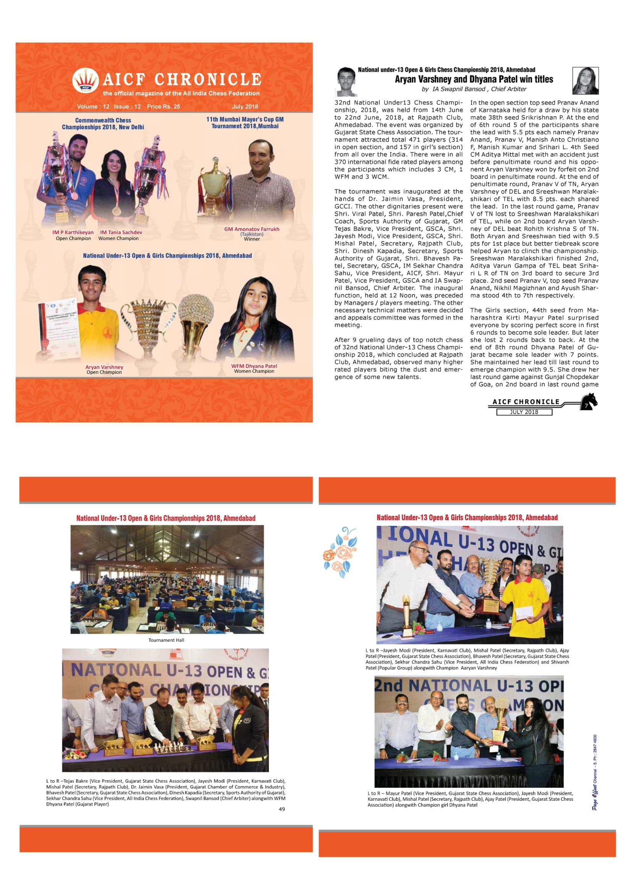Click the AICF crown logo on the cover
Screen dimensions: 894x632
coord(85,80)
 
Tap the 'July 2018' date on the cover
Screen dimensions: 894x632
coord(245,107)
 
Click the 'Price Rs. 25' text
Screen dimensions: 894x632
coord(164,107)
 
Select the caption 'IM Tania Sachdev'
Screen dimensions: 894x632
coord(121,232)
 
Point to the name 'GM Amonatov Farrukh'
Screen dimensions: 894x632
coord(251,229)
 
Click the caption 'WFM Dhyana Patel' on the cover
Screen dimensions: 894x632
coord(254,366)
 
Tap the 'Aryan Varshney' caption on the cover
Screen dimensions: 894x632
coord(104,367)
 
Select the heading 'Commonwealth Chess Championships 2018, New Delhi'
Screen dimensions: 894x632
coord(103,124)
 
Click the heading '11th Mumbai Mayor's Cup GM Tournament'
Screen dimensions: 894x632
coord(245,123)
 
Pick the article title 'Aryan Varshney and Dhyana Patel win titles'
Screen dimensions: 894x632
coord(473,80)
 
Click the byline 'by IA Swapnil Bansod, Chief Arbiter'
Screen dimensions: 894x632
coord(473,89)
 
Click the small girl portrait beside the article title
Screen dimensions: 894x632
coord(585,81)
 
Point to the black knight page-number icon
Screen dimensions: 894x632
coord(588,401)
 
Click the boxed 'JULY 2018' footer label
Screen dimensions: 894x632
coord(524,412)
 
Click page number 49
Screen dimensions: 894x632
coord(282,809)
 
